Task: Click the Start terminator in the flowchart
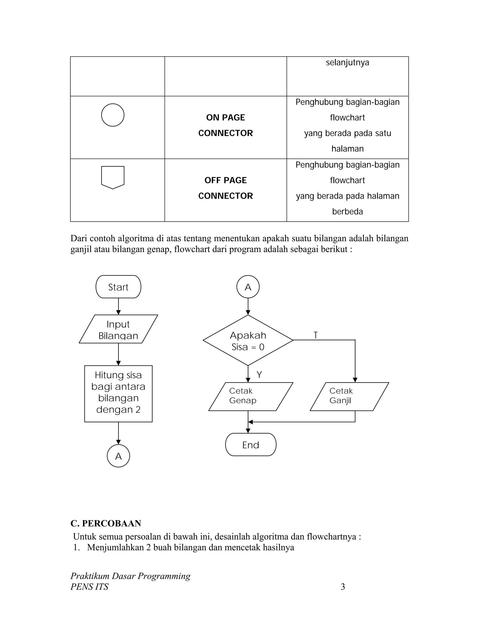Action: [x=118, y=287]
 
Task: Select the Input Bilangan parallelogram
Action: [x=118, y=329]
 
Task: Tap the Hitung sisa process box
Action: [x=118, y=394]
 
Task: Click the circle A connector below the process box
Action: [x=118, y=456]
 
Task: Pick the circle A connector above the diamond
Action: [x=248, y=287]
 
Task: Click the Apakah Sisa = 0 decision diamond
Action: [x=248, y=340]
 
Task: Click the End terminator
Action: [x=250, y=445]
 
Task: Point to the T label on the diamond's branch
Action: [x=316, y=335]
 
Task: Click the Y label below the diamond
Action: [x=259, y=375]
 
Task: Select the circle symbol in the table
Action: [x=113, y=115]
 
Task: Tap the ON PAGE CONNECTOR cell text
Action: [x=226, y=125]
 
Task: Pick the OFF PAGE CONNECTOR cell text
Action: [x=226, y=188]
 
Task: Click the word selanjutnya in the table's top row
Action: [x=347, y=62]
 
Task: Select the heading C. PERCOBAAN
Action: [x=105, y=523]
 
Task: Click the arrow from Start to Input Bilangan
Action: [x=118, y=306]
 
